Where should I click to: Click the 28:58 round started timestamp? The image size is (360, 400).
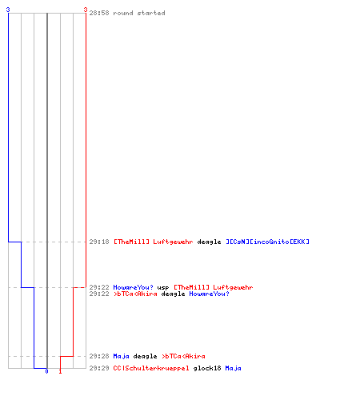(99, 13)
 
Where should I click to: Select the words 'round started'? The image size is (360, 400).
(139, 13)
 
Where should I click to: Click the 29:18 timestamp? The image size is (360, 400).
(99, 242)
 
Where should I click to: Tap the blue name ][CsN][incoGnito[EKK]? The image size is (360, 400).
(267, 242)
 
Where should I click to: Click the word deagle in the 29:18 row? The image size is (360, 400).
(209, 242)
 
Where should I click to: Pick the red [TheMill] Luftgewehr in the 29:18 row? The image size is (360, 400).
(154, 242)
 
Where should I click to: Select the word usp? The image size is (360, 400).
(163, 288)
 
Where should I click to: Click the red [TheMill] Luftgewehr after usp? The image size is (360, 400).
(214, 287)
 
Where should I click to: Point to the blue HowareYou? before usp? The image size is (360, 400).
(134, 287)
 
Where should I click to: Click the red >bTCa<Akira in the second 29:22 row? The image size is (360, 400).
(135, 294)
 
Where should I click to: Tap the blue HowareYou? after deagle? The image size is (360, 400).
(209, 294)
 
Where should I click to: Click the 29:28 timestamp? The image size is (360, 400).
(99, 356)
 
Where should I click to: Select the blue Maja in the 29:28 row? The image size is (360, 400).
(122, 356)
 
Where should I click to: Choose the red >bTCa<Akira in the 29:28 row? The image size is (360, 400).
(183, 356)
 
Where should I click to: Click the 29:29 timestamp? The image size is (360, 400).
(99, 368)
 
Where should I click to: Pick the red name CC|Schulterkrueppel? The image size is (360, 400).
(151, 368)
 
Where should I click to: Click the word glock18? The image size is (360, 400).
(207, 368)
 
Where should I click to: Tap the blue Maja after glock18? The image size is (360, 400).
(234, 368)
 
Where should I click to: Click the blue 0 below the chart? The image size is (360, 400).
(46, 371)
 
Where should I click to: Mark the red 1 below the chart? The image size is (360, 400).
(60, 371)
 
